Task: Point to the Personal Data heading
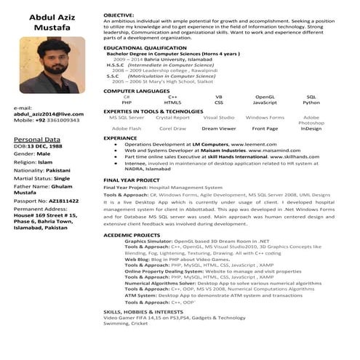coord(37,138)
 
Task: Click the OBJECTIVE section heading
coord(119,15)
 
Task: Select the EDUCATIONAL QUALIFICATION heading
coord(145,47)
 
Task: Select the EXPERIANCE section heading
coord(120,137)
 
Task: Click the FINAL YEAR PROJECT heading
coord(132,180)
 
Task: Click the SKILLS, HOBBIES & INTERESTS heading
coord(143,311)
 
